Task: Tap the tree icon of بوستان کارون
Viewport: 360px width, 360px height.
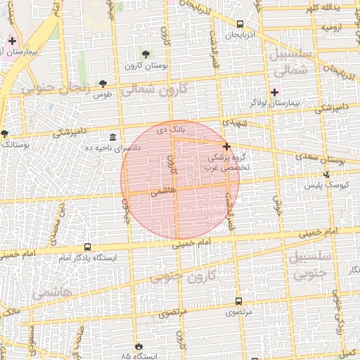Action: click(146, 54)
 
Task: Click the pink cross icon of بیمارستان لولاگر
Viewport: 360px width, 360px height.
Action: click(274, 92)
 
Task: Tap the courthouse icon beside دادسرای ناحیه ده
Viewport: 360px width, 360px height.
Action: click(113, 135)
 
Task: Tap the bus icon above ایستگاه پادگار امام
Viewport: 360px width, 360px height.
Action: click(88, 247)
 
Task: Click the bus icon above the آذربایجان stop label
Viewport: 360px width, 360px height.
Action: click(240, 23)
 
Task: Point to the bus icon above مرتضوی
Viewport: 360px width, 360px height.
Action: click(239, 301)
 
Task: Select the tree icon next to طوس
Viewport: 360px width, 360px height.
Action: click(103, 84)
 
